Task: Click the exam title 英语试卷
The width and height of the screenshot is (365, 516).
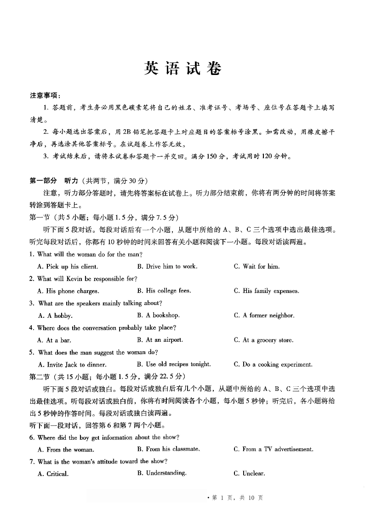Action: [182, 69]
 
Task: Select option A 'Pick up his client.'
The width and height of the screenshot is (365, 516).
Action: [68, 267]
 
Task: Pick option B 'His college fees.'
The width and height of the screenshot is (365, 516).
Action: [164, 291]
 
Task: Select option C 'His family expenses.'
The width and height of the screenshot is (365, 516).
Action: [266, 291]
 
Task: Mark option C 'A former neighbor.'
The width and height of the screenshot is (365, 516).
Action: [264, 315]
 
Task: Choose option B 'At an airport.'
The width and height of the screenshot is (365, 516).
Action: [160, 340]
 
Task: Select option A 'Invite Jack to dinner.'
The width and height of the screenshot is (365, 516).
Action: [72, 365]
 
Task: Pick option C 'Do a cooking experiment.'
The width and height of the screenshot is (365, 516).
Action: [273, 365]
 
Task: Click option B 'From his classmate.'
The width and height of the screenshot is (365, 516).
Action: [168, 449]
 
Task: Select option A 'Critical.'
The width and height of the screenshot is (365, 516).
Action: [53, 474]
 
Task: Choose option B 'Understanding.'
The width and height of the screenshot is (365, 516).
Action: [161, 473]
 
